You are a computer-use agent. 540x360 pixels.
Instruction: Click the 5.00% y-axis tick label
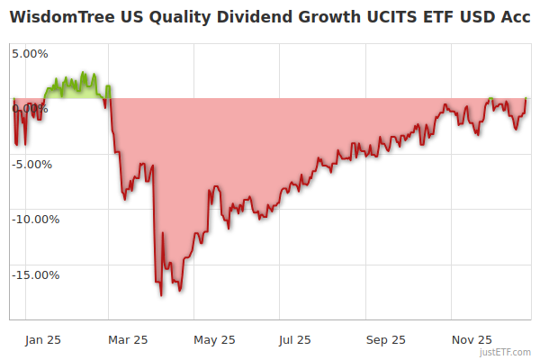pyautogui.click(x=30, y=53)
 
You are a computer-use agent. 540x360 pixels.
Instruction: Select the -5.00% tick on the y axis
pyautogui.click(x=32, y=165)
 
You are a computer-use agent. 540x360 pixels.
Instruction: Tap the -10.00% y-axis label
pyautogui.click(x=35, y=220)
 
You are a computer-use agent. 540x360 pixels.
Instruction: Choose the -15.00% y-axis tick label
pyautogui.click(x=35, y=275)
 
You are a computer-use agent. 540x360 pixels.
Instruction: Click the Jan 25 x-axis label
pyautogui.click(x=42, y=339)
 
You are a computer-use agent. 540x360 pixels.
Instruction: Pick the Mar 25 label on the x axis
pyautogui.click(x=127, y=339)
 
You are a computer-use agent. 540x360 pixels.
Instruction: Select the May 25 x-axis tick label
pyautogui.click(x=214, y=339)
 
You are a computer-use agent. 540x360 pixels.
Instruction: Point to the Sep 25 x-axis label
pyautogui.click(x=386, y=339)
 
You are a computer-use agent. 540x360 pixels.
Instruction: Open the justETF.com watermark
pyautogui.click(x=506, y=352)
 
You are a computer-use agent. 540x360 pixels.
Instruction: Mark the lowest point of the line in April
pyautogui.click(x=161, y=294)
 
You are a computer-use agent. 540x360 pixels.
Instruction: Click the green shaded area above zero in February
pyautogui.click(x=76, y=91)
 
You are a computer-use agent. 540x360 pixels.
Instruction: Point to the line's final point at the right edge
pyautogui.click(x=526, y=98)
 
